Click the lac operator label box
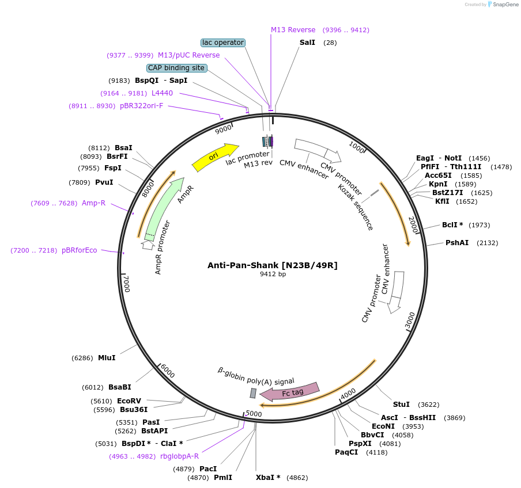click(223, 43)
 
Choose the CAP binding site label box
click(176, 68)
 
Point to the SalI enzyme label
click(307, 43)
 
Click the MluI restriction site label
click(107, 357)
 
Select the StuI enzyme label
click(401, 405)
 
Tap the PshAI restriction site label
click(457, 243)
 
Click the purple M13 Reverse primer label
click(293, 30)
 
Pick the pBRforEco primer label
click(80, 250)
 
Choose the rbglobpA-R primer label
click(179, 456)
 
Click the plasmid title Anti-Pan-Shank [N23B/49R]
click(273, 265)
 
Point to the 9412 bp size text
click(273, 274)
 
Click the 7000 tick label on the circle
click(127, 284)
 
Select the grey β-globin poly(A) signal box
click(252, 393)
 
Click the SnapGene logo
click(503, 5)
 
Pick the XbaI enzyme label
click(268, 478)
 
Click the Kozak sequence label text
click(355, 207)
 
